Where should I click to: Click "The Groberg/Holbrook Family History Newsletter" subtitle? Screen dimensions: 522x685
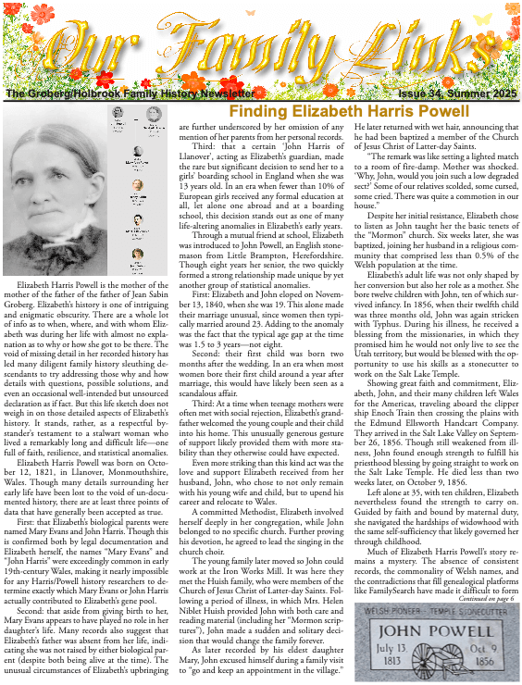129,94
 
